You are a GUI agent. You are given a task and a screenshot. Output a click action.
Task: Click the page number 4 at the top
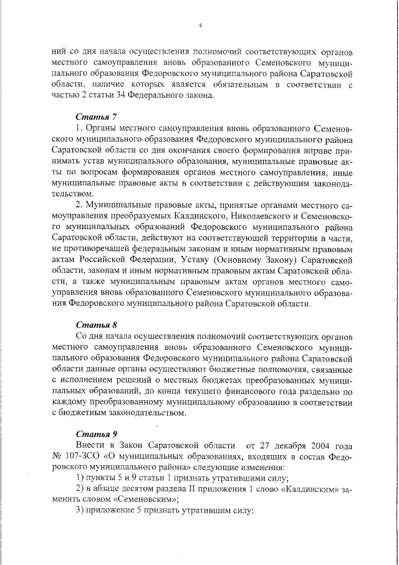point(200,25)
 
